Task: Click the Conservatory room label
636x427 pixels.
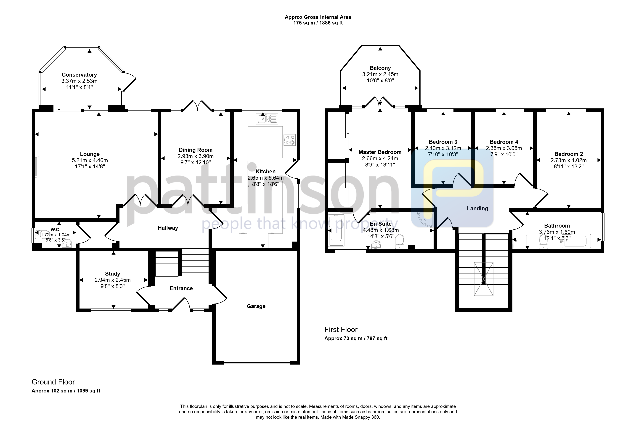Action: pyautogui.click(x=79, y=75)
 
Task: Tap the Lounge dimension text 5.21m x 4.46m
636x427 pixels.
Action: pyautogui.click(x=90, y=160)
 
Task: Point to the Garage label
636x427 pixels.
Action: pyautogui.click(x=256, y=306)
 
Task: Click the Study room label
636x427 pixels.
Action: pyautogui.click(x=113, y=274)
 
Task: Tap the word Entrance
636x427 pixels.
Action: pyautogui.click(x=181, y=288)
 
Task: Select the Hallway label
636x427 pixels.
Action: pyautogui.click(x=168, y=228)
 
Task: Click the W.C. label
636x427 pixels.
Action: pyautogui.click(x=56, y=230)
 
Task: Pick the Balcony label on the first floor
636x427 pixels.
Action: pyautogui.click(x=380, y=68)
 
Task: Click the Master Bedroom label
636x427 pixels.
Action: pyautogui.click(x=380, y=152)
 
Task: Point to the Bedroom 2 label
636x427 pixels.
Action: pyautogui.click(x=569, y=154)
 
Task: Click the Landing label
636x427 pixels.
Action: pyautogui.click(x=477, y=208)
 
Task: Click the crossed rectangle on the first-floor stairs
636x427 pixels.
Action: pyautogui.click(x=483, y=279)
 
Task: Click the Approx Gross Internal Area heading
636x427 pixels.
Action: pyautogui.click(x=318, y=17)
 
